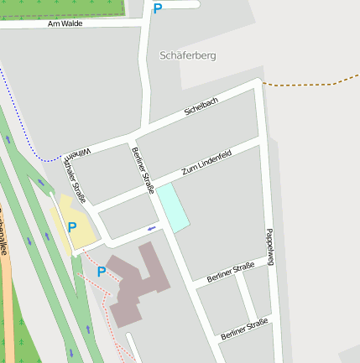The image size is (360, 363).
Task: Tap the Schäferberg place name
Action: tap(186, 55)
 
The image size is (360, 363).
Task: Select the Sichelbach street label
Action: tap(201, 106)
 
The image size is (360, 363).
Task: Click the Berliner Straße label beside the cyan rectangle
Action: tap(143, 169)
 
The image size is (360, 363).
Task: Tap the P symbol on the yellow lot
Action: tap(71, 227)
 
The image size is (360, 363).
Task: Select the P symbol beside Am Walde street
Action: tap(157, 8)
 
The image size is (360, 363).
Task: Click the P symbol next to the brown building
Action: tap(102, 272)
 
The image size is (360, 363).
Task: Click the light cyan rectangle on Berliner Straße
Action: tap(173, 207)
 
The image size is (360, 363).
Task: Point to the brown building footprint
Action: tap(138, 285)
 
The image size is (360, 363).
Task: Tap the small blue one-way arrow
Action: tap(151, 227)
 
